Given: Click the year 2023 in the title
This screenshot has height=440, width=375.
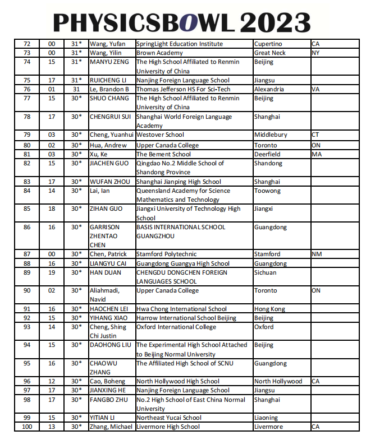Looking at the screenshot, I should tap(276, 22).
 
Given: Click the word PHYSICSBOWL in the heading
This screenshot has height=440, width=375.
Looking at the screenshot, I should tap(143, 22).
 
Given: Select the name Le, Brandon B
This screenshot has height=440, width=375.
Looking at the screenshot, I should tap(109, 89).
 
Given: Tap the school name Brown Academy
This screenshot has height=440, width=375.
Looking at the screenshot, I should tap(159, 53).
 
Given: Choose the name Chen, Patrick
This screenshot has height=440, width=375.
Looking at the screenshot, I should tap(108, 254).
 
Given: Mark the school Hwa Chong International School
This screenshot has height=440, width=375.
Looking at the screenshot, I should tap(181, 309).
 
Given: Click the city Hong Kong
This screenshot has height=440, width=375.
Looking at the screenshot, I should tap(269, 309).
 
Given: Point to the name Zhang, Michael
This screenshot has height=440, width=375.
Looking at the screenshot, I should tap(111, 427).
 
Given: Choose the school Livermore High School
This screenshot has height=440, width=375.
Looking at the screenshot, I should tap(168, 427).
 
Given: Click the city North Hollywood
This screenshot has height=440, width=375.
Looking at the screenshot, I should tap(278, 381).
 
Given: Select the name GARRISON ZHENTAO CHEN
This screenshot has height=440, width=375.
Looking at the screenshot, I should tap(104, 236).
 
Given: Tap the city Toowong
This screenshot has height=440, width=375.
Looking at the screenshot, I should tap(267, 191).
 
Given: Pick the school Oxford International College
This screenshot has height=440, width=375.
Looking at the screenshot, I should tap(176, 327).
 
